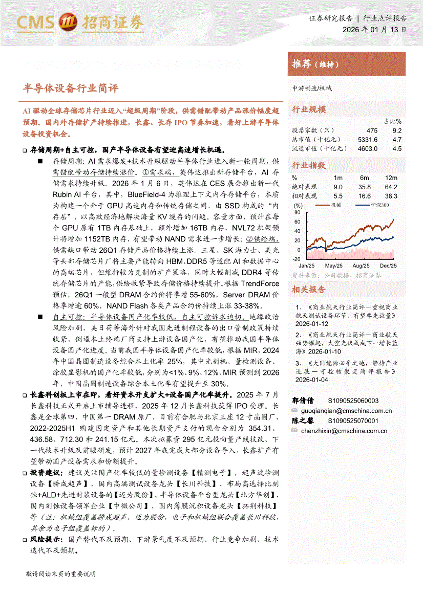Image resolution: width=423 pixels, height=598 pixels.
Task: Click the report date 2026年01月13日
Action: coord(375,30)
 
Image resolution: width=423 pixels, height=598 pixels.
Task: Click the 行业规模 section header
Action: coord(308,109)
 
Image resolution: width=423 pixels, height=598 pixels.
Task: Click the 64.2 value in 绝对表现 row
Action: coord(391,187)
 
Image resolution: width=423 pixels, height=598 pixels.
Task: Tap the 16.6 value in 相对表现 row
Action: coord(364,196)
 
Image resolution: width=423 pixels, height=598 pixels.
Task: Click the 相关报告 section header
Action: coord(308,290)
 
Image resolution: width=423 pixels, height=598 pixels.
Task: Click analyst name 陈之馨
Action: coord(303,420)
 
